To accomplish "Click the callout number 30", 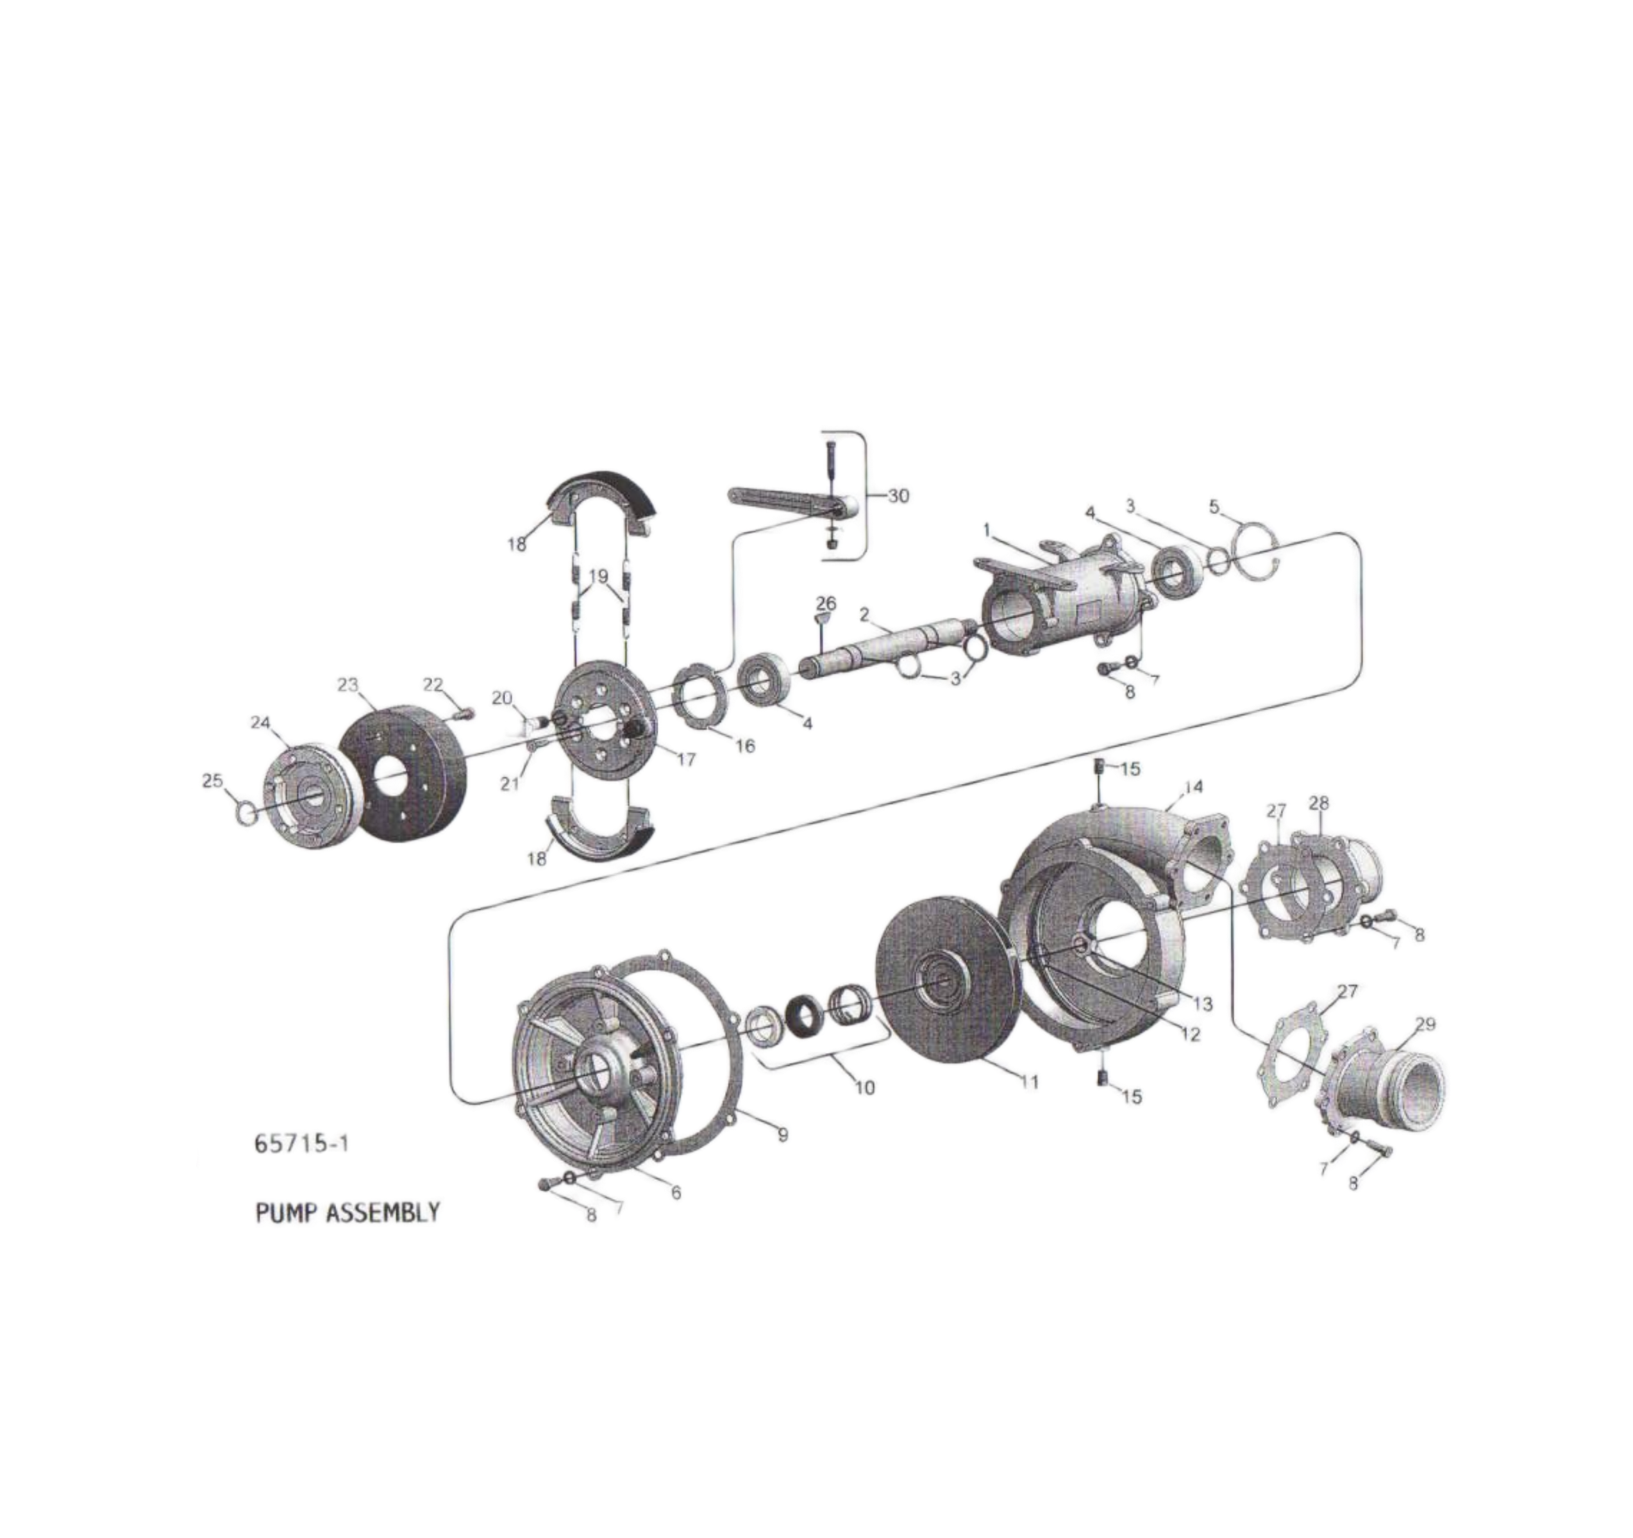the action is (x=899, y=496).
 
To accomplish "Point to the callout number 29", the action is (x=1425, y=1024).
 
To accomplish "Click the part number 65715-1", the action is (x=302, y=1143).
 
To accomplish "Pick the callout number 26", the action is (x=826, y=604).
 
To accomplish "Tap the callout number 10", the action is (x=865, y=1088).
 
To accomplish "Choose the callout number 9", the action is (x=783, y=1134).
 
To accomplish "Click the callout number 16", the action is (x=745, y=745).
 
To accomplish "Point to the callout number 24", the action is (x=260, y=723).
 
